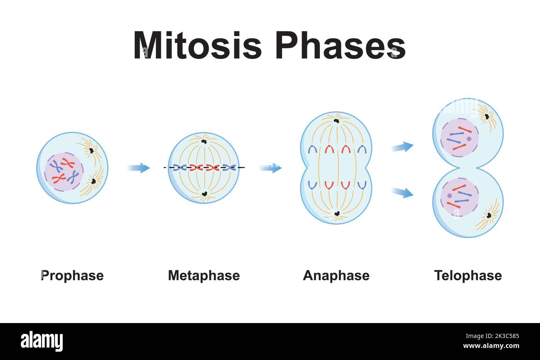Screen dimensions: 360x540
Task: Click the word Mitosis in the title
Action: tap(197, 45)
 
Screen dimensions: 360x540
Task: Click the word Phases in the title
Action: tap(340, 45)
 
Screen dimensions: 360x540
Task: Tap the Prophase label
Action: tap(72, 275)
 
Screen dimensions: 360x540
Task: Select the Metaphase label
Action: tap(204, 275)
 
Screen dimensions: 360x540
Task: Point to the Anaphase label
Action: tap(336, 275)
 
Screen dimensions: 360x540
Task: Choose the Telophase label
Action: tap(468, 275)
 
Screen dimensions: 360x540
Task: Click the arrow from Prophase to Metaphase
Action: tap(139, 168)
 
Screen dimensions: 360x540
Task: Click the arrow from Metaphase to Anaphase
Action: tap(270, 168)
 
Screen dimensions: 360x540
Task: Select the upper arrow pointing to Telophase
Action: tap(402, 147)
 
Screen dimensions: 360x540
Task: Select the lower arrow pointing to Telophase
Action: tap(402, 192)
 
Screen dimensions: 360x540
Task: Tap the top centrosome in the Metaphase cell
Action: tap(204, 142)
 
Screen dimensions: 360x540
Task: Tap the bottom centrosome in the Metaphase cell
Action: tap(204, 194)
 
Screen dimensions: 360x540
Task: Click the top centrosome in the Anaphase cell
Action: tap(336, 121)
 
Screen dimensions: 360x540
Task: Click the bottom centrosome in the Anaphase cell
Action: tap(337, 214)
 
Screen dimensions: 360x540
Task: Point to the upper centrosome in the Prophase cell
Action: tap(91, 150)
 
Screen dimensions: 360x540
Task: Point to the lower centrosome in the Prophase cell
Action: tap(93, 181)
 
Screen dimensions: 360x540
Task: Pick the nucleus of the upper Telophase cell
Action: tap(459, 137)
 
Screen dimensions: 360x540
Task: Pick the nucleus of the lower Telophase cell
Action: tap(459, 197)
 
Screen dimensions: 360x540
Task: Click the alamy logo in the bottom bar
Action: tap(42, 341)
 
